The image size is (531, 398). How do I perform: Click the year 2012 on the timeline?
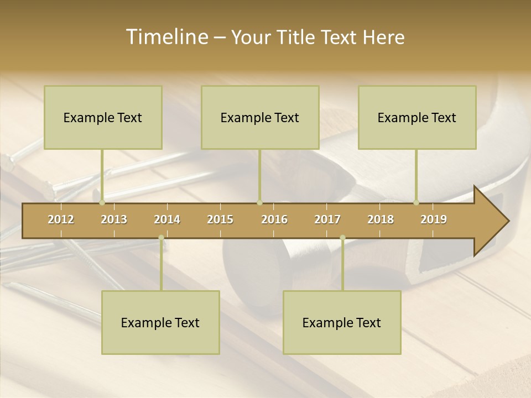point(61,219)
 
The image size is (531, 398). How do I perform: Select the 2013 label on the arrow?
point(114,219)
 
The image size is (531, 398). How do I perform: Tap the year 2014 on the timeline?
point(167,219)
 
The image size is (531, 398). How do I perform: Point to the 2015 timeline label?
point(220,219)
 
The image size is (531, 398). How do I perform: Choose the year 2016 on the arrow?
point(274,219)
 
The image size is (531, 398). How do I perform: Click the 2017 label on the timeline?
point(327,219)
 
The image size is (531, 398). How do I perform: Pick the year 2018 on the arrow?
point(381,219)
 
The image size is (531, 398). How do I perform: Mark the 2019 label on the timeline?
point(434,219)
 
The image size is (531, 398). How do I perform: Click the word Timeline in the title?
point(166,37)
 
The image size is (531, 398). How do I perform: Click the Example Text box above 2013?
point(103,117)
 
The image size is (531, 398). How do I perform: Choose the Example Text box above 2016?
point(260,117)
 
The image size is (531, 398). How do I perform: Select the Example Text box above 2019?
point(417,117)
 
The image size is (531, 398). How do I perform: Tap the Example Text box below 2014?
point(160,322)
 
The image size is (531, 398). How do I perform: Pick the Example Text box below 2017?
point(342,322)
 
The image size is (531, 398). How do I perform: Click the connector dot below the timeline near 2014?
point(161,238)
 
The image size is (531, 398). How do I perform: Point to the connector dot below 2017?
point(342,238)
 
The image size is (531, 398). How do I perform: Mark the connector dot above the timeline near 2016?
point(259,202)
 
